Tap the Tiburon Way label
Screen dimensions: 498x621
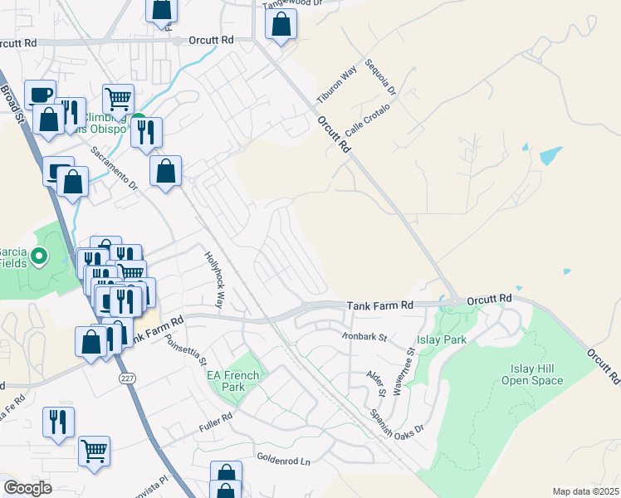coord(336,85)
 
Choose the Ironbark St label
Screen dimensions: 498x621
coord(364,337)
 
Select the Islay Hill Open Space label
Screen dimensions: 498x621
coord(532,374)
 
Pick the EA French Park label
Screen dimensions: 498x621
coord(232,381)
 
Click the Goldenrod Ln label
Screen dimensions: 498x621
coord(282,458)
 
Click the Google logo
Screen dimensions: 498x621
coord(27,487)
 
